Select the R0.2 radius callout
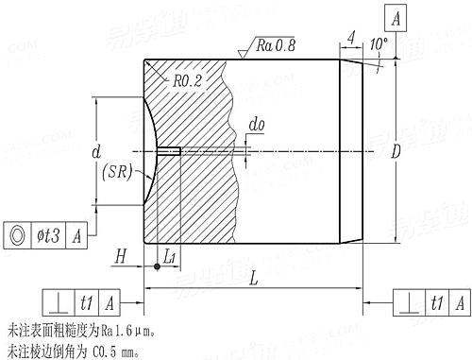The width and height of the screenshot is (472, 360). pos(188,80)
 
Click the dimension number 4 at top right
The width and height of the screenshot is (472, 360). pos(350,39)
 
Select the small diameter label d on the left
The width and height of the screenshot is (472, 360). pos(96,150)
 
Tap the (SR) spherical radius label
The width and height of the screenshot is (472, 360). pos(115,173)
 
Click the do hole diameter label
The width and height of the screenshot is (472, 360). pos(256,124)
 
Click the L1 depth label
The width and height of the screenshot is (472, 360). pos(169,255)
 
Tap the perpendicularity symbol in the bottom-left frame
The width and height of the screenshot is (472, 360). pos(59,302)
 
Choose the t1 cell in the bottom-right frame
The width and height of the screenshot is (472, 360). pos(435,302)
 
